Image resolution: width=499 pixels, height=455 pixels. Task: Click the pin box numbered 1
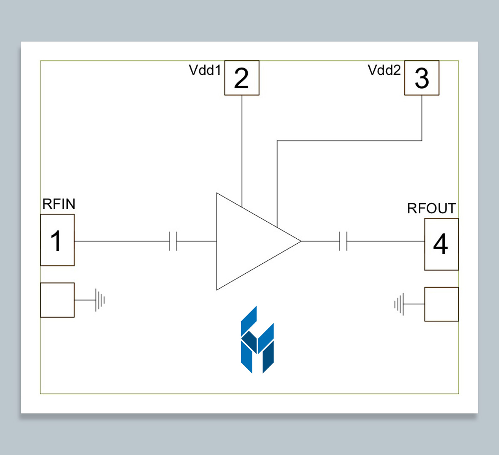(57, 240)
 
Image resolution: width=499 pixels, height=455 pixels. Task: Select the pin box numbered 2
(242, 78)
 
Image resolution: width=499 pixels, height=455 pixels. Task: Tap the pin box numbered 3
(422, 78)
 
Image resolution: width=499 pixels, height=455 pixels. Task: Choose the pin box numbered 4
(441, 244)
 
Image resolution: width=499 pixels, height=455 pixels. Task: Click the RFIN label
(59, 204)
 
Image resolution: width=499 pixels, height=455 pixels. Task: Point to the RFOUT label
(431, 208)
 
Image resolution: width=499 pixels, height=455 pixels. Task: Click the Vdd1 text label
(205, 70)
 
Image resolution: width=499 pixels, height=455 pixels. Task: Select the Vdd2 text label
(384, 70)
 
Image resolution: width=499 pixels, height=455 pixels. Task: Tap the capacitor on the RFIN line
(173, 241)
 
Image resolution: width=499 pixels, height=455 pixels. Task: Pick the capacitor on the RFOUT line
(343, 241)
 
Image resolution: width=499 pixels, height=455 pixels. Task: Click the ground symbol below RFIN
(100, 300)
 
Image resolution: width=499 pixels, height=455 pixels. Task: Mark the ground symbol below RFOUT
(399, 304)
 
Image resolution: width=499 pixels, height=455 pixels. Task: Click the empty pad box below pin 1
(57, 300)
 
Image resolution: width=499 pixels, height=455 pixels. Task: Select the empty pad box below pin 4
(441, 304)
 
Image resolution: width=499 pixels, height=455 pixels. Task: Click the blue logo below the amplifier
(257, 340)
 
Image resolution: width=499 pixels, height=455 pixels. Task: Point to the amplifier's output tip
(300, 241)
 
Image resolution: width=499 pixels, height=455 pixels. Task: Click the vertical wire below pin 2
(242, 146)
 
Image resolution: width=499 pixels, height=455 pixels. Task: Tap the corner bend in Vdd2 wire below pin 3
(422, 141)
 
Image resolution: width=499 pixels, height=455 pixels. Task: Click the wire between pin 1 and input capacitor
(121, 241)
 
